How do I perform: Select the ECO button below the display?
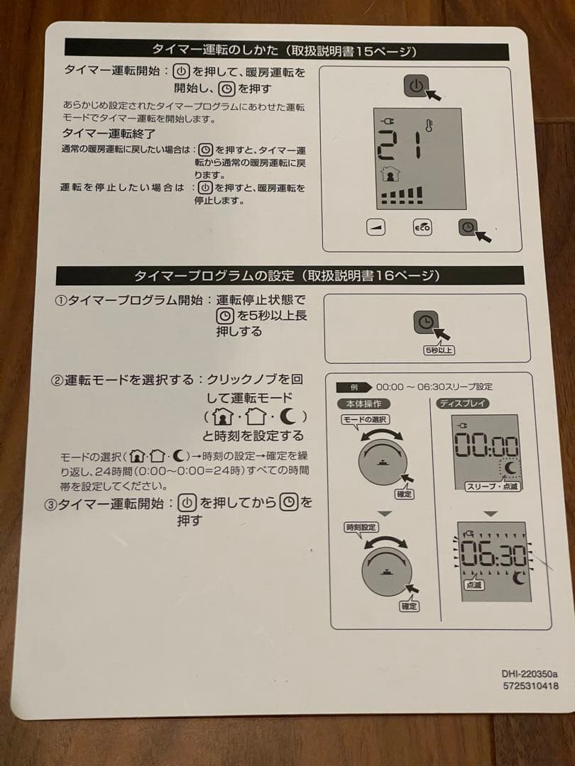pyautogui.click(x=422, y=228)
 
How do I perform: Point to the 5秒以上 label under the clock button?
pyautogui.click(x=439, y=350)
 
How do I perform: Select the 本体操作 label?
pyautogui.click(x=363, y=404)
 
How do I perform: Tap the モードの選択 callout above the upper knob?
pyautogui.click(x=365, y=420)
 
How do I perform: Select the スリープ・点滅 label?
pyautogui.click(x=492, y=487)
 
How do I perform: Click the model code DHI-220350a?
pyautogui.click(x=530, y=674)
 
